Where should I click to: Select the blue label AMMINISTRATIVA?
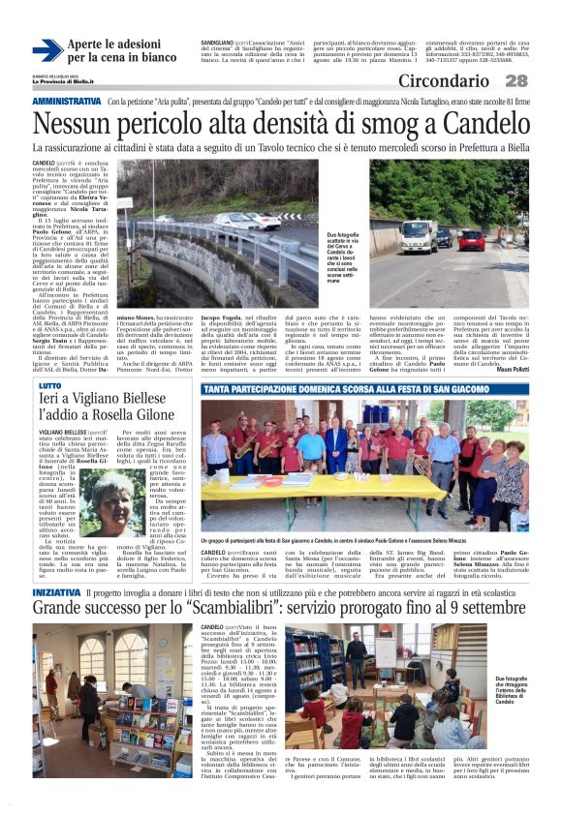click(67, 102)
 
